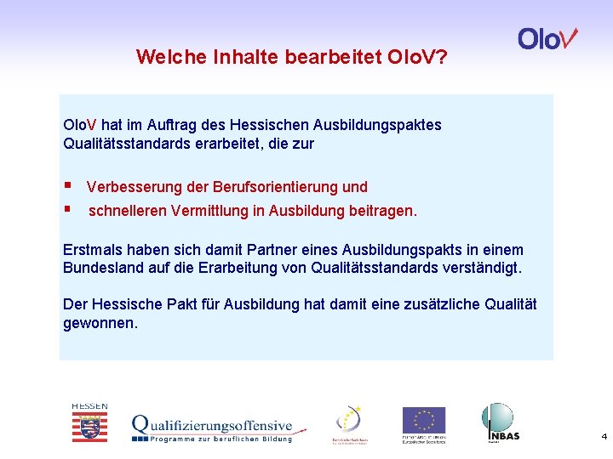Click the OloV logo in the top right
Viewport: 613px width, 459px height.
[547, 39]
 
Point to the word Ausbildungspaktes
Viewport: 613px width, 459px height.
[392, 125]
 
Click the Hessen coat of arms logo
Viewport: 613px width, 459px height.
[89, 423]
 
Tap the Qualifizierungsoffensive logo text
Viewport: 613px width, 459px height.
[212, 426]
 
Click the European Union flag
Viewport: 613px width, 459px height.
[424, 421]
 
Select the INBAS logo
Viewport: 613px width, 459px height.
[499, 422]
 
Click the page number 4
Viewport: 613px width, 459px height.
[604, 437]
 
